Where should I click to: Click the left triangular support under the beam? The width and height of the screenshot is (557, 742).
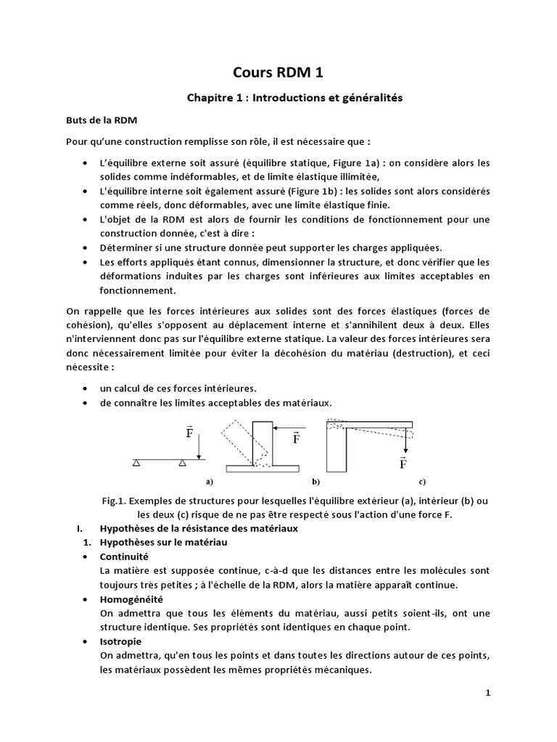(136, 462)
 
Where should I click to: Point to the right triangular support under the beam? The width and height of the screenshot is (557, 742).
(183, 462)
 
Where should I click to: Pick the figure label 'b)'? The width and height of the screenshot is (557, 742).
(316, 480)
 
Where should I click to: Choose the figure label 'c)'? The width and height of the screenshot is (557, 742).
(421, 480)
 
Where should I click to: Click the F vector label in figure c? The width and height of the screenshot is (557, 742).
(403, 462)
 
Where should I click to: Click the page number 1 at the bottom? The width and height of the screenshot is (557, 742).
(488, 693)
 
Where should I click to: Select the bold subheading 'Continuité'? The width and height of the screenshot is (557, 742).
(123, 556)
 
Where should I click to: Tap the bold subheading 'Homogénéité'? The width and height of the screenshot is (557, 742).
(131, 599)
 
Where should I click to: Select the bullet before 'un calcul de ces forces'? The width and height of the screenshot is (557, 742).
(87, 389)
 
